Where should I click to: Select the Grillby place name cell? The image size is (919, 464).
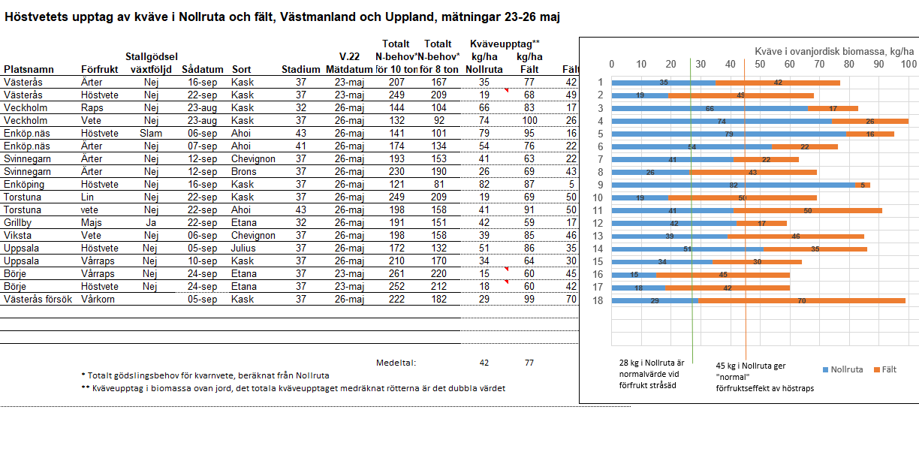tap(19, 223)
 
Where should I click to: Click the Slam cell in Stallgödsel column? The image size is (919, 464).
tap(151, 134)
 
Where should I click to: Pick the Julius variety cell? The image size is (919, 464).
tap(243, 249)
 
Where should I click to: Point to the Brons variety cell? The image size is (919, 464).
tap(244, 172)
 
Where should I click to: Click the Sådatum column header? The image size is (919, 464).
tap(202, 69)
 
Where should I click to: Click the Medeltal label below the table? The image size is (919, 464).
tap(396, 363)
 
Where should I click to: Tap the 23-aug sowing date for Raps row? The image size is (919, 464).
tap(203, 108)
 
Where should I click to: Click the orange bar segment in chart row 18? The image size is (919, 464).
tap(801, 300)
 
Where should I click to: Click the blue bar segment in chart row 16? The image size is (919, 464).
tap(634, 275)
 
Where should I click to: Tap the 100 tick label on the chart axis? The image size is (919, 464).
tap(908, 65)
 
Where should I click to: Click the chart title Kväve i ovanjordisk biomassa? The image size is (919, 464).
tap(834, 51)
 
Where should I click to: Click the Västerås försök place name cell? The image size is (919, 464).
tap(38, 300)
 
